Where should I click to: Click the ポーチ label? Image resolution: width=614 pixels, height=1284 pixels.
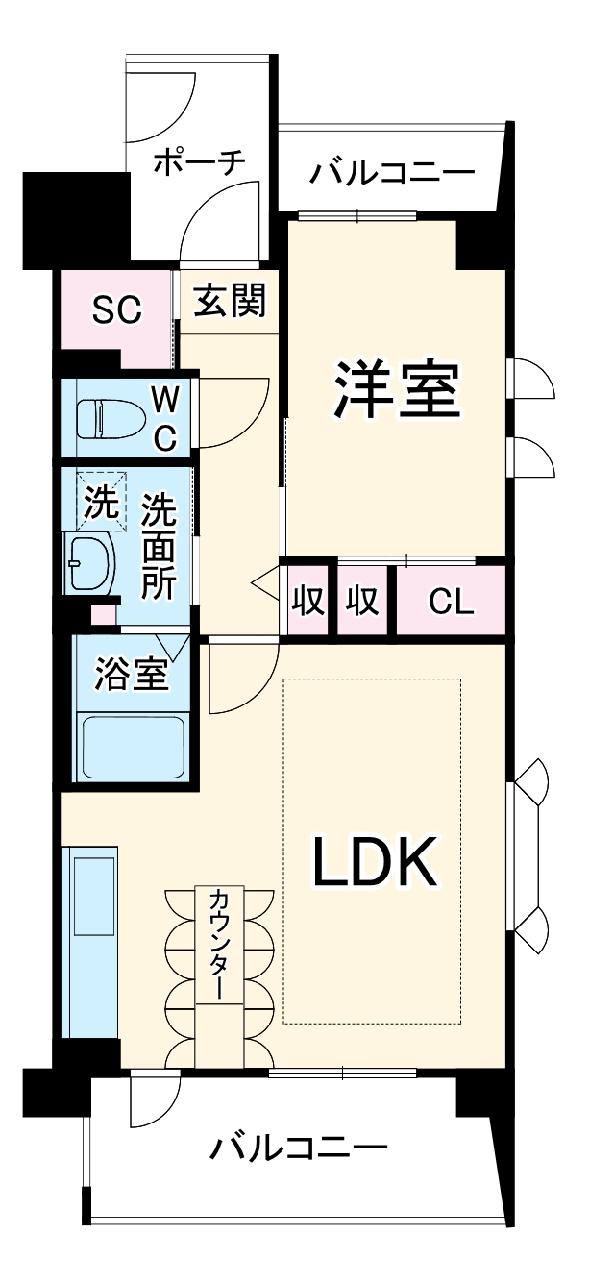200,160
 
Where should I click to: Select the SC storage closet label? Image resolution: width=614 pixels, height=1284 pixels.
116,309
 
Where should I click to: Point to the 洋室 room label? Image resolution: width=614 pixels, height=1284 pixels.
396,389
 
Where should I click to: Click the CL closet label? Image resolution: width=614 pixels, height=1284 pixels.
451,602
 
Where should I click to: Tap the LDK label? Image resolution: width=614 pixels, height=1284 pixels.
375,862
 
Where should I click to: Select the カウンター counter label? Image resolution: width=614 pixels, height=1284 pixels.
219,946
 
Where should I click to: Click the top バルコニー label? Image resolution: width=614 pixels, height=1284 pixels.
391,173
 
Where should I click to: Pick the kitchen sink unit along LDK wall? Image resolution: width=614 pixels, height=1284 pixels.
91,942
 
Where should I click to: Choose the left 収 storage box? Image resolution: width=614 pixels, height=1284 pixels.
307,602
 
